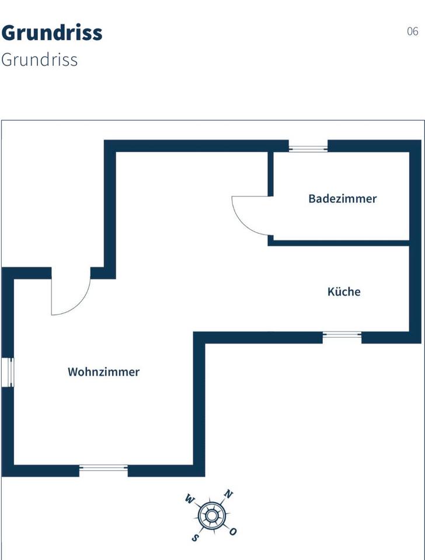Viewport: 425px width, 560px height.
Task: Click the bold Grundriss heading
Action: click(52, 33)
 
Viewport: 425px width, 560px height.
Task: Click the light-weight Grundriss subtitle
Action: click(40, 60)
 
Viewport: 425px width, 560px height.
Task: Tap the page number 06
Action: click(412, 32)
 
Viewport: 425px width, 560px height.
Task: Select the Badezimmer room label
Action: click(343, 199)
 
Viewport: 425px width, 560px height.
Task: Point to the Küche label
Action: click(344, 292)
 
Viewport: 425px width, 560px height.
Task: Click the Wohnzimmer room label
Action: click(104, 372)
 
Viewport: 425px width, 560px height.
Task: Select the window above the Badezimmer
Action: click(308, 147)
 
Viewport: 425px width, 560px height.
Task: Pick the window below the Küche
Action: click(342, 335)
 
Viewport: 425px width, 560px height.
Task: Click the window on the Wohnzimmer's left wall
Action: click(8, 372)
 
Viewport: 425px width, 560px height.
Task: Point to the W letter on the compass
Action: click(189, 499)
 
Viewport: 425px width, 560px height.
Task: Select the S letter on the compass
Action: click(197, 537)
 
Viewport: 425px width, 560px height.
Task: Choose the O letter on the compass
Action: click(233, 531)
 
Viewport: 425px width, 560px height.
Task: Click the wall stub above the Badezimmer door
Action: click(271, 174)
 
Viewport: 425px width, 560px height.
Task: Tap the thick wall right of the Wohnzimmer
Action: click(199, 402)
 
